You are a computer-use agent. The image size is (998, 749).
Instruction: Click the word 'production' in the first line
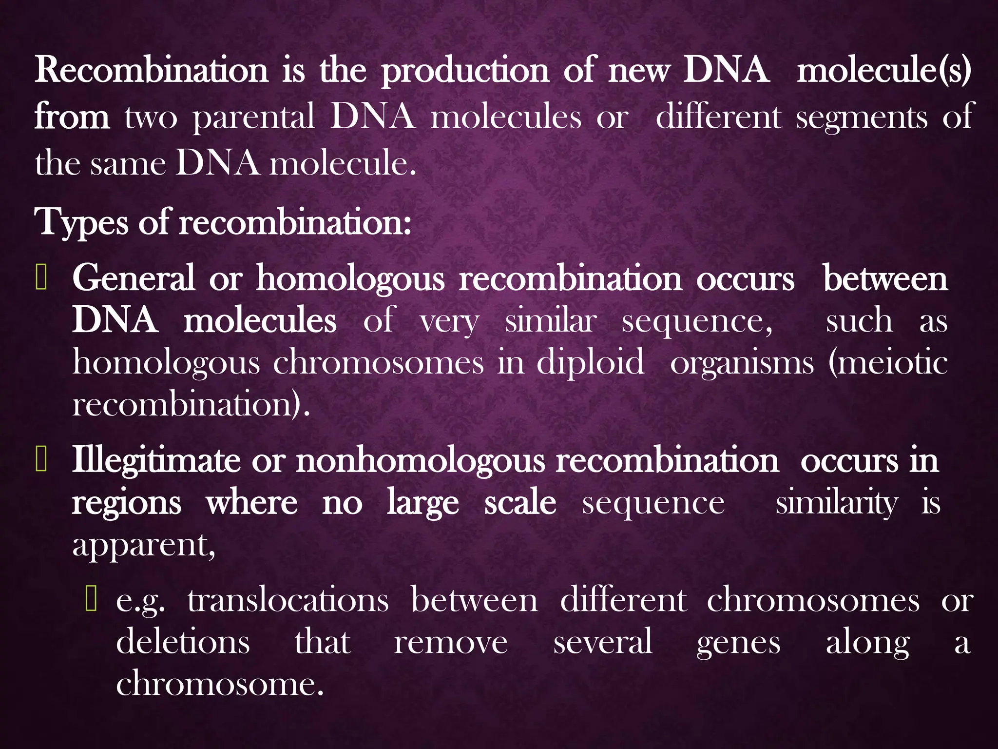(465, 71)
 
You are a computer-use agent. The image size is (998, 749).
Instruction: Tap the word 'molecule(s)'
(883, 71)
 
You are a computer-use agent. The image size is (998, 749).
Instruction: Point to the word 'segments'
(862, 118)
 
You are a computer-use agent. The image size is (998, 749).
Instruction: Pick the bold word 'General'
(134, 279)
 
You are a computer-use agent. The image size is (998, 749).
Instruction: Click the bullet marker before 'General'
(41, 279)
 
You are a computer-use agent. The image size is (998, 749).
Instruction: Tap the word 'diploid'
(590, 363)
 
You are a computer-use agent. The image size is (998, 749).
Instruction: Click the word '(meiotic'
(888, 363)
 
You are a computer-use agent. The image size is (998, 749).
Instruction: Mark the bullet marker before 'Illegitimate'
(41, 461)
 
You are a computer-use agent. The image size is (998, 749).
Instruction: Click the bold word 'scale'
(520, 503)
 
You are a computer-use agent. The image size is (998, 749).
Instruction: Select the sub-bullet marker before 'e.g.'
(91, 599)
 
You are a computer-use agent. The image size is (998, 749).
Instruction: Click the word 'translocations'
(288, 600)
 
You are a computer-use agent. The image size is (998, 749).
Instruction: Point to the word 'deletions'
(183, 642)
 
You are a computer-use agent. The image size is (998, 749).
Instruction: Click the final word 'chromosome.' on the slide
(220, 684)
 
